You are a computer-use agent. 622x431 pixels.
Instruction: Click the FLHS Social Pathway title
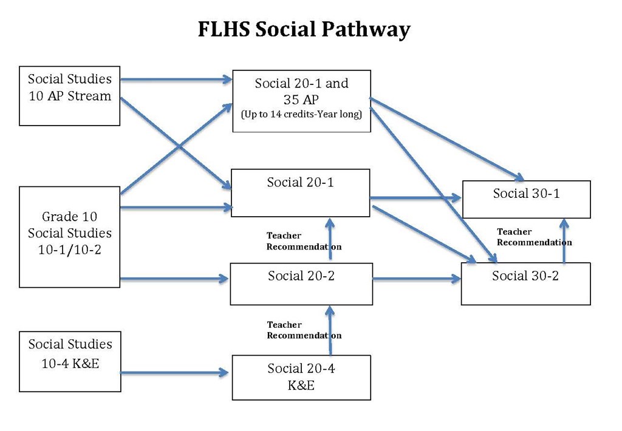point(304,29)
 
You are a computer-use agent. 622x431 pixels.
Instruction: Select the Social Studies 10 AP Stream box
point(69,96)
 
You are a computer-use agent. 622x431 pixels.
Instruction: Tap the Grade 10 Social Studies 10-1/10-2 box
point(69,237)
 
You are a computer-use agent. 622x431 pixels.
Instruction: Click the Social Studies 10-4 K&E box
point(70,361)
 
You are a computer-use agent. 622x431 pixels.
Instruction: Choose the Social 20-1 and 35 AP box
point(301,101)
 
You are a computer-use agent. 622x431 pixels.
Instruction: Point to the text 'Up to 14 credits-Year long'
point(301,114)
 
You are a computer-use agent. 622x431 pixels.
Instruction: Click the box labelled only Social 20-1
point(300,192)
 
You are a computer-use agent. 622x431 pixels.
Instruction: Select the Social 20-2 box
point(301,283)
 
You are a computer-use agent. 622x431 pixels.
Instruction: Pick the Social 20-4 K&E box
point(301,377)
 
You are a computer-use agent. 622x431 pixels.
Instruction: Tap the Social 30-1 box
point(526,199)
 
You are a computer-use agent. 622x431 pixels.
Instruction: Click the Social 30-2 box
point(525,283)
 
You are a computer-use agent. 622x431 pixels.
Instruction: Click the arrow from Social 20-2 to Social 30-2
point(417,279)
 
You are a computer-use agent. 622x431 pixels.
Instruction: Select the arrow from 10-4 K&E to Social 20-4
point(176,372)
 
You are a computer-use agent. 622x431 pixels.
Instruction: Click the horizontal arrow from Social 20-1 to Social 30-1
point(415,198)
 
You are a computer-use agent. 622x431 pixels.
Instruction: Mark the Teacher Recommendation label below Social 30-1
point(534,237)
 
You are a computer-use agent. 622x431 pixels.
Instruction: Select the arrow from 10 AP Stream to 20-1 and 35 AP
point(176,79)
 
